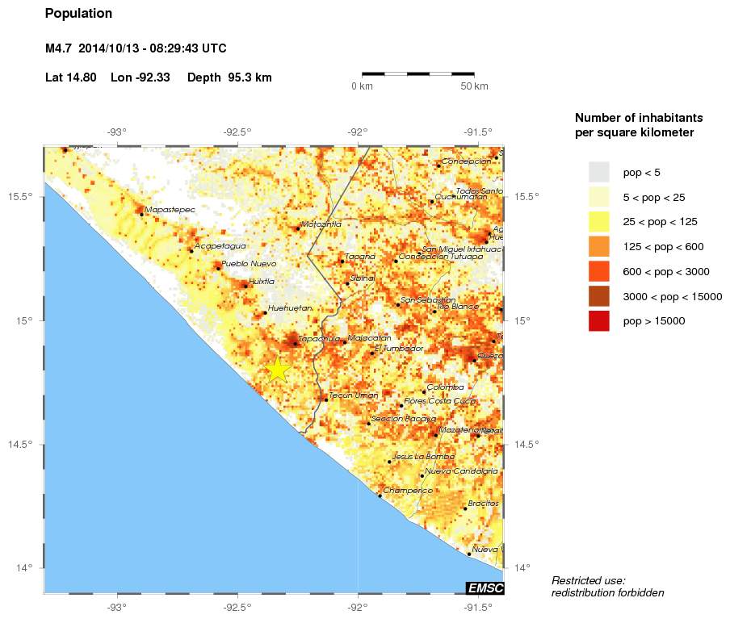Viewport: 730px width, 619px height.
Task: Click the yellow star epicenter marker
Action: tap(277, 369)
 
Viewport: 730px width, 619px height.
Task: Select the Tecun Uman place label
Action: tap(354, 395)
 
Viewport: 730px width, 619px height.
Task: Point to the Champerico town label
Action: tap(408, 490)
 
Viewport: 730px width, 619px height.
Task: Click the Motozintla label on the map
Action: tap(321, 224)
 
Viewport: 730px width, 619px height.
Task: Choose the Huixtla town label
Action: tap(262, 281)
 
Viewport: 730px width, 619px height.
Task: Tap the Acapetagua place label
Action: tap(220, 246)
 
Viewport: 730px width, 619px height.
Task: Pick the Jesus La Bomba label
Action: tap(423, 456)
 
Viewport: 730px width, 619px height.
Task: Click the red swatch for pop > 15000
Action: tap(599, 320)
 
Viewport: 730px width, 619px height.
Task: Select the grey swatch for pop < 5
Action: tap(599, 172)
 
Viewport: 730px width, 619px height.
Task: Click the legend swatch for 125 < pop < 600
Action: tap(599, 246)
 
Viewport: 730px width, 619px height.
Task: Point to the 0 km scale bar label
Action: tap(361, 86)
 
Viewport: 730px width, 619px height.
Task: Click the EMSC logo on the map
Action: tap(485, 588)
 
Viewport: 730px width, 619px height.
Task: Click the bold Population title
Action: tap(79, 14)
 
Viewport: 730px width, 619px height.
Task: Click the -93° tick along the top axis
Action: tap(117, 132)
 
